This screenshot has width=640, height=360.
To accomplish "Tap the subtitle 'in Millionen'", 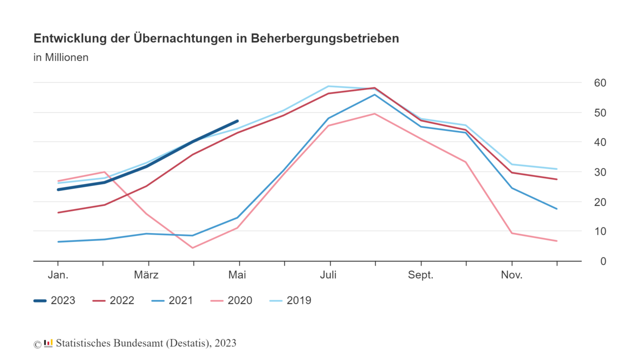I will tap(61, 57).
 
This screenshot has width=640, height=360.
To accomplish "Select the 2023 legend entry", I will tap(54, 300).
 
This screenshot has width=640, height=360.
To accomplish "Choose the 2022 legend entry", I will tap(113, 300).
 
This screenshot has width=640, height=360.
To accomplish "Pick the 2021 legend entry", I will tap(172, 300).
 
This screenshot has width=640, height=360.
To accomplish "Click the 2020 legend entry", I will tap(231, 300).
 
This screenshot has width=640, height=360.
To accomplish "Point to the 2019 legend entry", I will tap(290, 300).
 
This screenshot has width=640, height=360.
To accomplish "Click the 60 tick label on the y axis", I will tap(599, 82).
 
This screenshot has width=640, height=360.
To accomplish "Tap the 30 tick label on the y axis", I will tap(599, 172).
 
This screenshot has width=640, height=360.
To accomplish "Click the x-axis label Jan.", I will tap(58, 275).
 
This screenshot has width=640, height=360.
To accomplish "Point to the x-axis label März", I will tap(146, 275).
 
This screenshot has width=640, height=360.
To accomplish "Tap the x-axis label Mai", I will tap(237, 275).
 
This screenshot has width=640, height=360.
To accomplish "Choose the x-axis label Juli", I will tap(328, 275).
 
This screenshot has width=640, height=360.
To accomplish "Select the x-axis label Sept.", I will tap(420, 275).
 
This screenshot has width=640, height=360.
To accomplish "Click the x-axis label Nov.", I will tap(511, 275).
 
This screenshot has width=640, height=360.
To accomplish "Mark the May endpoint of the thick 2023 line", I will tap(237, 121).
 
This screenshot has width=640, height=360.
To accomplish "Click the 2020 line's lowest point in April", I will tap(192, 247).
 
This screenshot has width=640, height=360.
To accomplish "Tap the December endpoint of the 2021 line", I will tap(556, 208).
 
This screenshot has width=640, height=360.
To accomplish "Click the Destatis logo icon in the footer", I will tap(48, 343).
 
